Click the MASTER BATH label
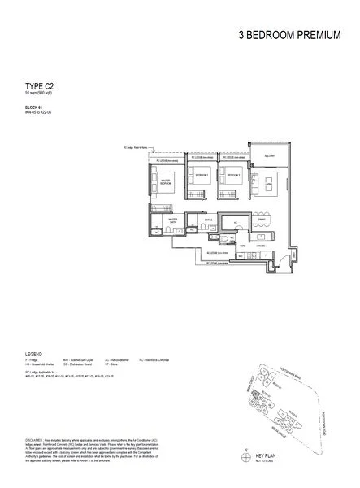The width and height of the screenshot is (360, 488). pyautogui.click(x=172, y=220)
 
